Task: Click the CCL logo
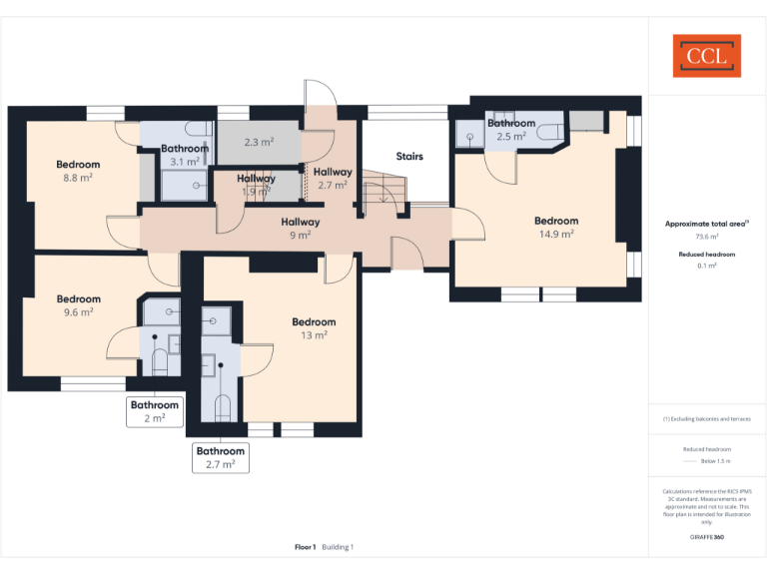click(706, 56)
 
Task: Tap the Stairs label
click(409, 157)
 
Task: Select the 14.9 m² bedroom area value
click(556, 235)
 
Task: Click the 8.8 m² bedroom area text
click(78, 178)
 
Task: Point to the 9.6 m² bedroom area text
click(78, 311)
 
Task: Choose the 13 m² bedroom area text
click(314, 335)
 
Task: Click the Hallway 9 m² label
click(300, 229)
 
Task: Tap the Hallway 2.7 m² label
click(333, 179)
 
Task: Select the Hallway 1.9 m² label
click(257, 185)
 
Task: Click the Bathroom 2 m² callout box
click(155, 411)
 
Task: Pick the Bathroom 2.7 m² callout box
click(221, 457)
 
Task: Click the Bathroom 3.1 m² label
click(185, 155)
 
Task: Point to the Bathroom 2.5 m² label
click(511, 130)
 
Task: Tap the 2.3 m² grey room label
click(258, 143)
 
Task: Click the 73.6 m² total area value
click(707, 237)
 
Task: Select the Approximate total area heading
click(706, 224)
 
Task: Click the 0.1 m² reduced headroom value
click(707, 267)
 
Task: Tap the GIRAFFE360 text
click(707, 537)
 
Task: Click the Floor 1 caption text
click(305, 547)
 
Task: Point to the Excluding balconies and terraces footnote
click(707, 418)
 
